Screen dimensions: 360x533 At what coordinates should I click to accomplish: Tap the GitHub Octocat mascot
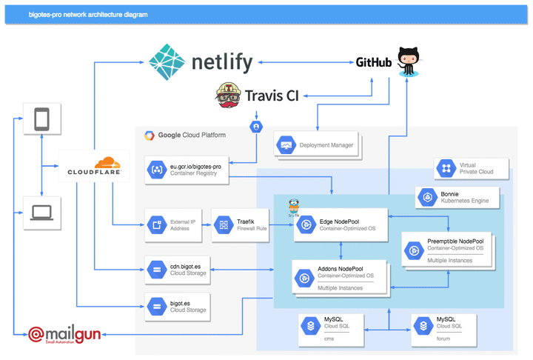click(408, 61)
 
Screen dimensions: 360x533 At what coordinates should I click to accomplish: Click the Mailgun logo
click(66, 336)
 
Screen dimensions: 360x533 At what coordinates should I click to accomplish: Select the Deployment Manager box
click(317, 145)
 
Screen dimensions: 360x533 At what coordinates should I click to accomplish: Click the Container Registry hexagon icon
click(157, 170)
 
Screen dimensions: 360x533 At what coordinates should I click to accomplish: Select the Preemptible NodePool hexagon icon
click(413, 251)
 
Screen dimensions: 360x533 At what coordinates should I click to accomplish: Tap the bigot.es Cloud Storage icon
click(157, 305)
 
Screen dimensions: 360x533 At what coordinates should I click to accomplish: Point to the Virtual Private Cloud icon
click(446, 169)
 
